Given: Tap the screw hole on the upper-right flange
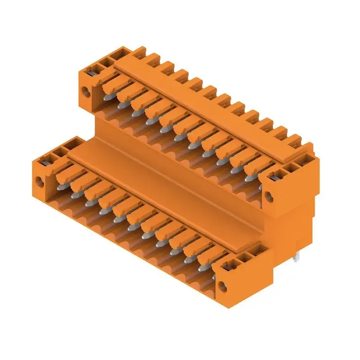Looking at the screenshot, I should pos(269,196).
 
